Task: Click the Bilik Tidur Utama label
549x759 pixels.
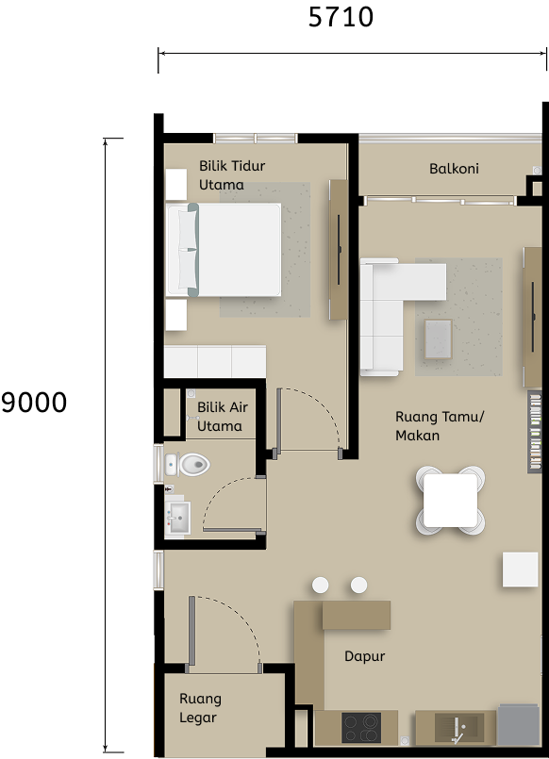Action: coord(231,175)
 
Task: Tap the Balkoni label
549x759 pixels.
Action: coord(454,169)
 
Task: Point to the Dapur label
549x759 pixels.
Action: coord(364,656)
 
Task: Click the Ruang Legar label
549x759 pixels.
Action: coord(200,708)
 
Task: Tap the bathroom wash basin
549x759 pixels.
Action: coord(178,518)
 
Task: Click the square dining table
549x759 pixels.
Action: coord(450,501)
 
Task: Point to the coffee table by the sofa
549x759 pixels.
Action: coord(438,338)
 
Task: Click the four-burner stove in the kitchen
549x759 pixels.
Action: coord(360,729)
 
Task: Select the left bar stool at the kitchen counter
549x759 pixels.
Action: coord(321,586)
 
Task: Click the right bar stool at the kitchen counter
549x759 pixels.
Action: coord(358,586)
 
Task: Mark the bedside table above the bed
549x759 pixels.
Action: coord(176,185)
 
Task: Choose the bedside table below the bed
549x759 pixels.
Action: coord(176,315)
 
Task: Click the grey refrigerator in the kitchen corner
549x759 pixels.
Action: coord(518,726)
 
